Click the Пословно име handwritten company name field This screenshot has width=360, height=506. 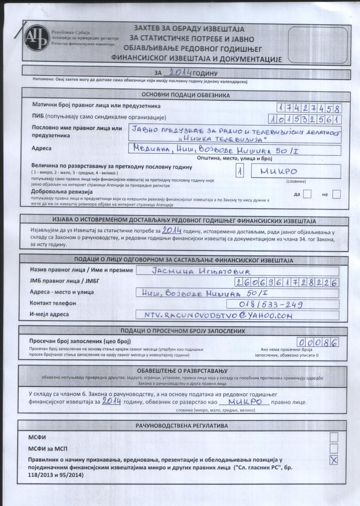(235, 134)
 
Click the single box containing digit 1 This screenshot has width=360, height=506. (240, 171)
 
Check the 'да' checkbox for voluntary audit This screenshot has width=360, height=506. (307, 194)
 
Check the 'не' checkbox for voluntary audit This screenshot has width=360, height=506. (336, 194)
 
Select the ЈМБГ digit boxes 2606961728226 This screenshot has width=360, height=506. (287, 283)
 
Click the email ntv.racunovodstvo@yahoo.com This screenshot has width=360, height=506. (237, 315)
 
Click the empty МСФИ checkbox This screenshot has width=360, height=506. (334, 437)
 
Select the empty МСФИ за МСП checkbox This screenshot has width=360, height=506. (334, 448)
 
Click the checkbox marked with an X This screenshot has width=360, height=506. (334, 461)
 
